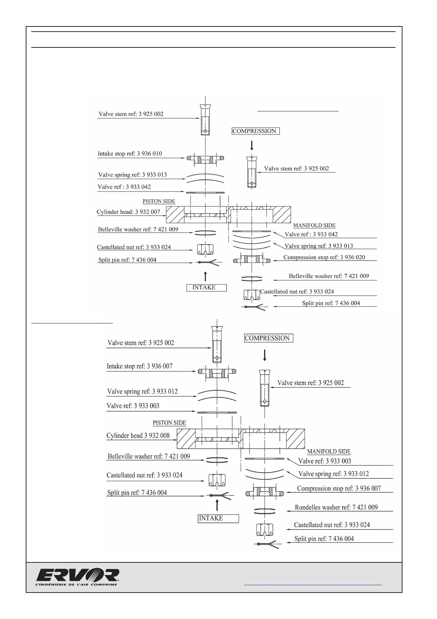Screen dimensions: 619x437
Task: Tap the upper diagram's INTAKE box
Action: pos(206,287)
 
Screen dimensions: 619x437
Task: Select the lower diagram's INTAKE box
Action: pos(218,518)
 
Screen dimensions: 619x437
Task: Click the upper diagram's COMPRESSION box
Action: pos(255,131)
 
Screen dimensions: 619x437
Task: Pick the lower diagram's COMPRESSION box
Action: pos(268,338)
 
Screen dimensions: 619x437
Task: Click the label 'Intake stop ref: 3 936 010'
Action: pos(130,154)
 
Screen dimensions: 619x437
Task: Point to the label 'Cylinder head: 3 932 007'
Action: pos(128,212)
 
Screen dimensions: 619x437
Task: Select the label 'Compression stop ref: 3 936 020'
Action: pos(324,257)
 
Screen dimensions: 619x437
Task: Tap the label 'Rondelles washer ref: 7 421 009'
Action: pos(336,507)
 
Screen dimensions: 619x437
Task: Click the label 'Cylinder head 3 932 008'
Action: pos(138,436)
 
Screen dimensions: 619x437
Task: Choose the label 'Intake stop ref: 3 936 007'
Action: pos(140,366)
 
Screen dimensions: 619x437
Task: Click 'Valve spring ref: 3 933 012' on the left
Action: pos(142,391)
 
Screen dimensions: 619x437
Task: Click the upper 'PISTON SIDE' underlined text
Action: pos(159,201)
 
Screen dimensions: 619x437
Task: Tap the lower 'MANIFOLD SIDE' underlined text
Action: pos(329,451)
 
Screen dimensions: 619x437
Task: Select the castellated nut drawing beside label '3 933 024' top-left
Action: pos(205,249)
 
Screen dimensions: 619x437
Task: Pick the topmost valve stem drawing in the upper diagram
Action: pos(205,119)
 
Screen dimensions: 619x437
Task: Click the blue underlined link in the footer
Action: pos(313,584)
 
